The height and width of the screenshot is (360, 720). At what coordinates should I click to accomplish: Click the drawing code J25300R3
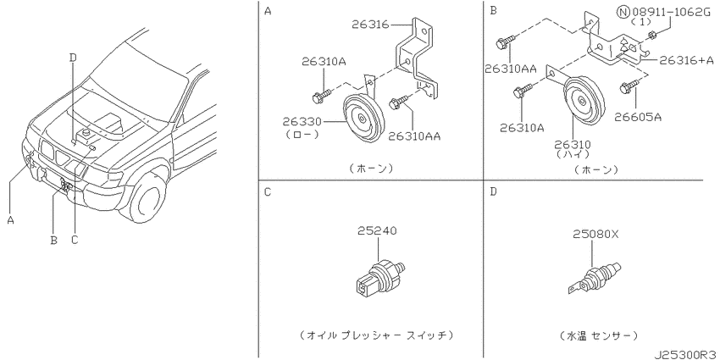[684, 352]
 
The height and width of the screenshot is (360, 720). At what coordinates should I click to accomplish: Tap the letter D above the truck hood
[73, 57]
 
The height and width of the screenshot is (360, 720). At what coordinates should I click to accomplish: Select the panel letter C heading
[267, 191]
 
